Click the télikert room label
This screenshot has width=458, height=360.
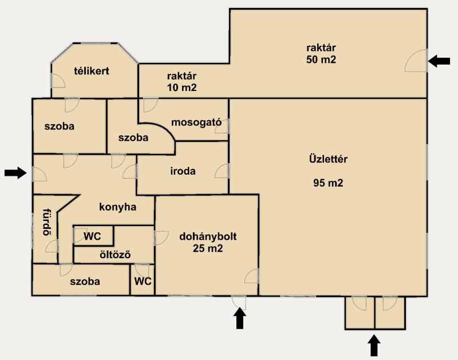coord(92,71)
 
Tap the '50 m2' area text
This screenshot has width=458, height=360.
coord(321,60)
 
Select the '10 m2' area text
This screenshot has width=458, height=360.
coord(181,88)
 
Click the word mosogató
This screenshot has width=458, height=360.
coord(196,122)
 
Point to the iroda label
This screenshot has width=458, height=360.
coord(183,171)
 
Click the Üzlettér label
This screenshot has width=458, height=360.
coord(328,159)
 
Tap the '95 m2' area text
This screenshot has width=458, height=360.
coord(328,183)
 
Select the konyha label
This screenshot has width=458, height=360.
coord(118,207)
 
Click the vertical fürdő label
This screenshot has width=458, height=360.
coord(46,222)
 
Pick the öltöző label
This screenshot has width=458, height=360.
coord(115,255)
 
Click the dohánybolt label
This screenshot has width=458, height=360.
coord(208,236)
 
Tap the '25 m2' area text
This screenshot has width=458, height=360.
coord(208,248)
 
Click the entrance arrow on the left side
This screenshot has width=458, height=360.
coord(15,173)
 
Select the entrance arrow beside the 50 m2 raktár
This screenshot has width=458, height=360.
coord(439,61)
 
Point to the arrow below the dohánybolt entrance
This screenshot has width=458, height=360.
coord(240,318)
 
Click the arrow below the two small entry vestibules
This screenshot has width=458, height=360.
coord(374,346)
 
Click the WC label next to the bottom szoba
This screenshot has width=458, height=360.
coord(143,281)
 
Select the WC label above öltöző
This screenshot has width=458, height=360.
coord(92,236)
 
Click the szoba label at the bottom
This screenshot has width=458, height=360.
coord(85,282)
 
